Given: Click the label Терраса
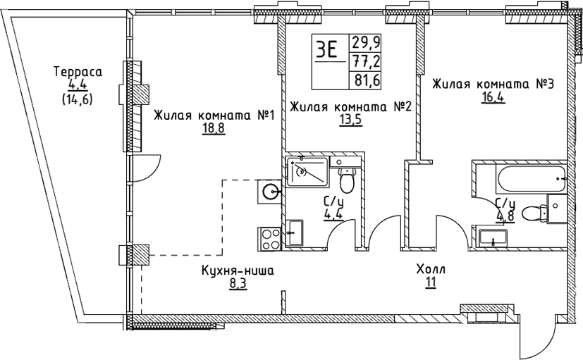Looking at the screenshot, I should (78, 72).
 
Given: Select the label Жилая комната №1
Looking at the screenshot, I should (213, 116).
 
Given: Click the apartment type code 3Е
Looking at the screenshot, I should (326, 50).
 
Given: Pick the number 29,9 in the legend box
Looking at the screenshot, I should (366, 42).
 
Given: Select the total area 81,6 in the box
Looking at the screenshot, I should (367, 80).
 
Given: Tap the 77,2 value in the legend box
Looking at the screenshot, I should (366, 61).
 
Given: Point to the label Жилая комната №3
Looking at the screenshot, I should (493, 84).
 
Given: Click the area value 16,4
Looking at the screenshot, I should (493, 97).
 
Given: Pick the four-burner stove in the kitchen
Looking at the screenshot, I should (270, 237).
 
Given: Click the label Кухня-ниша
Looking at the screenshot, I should (236, 271).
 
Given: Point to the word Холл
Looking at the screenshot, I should (431, 271).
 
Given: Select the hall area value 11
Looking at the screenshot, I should (430, 283).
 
